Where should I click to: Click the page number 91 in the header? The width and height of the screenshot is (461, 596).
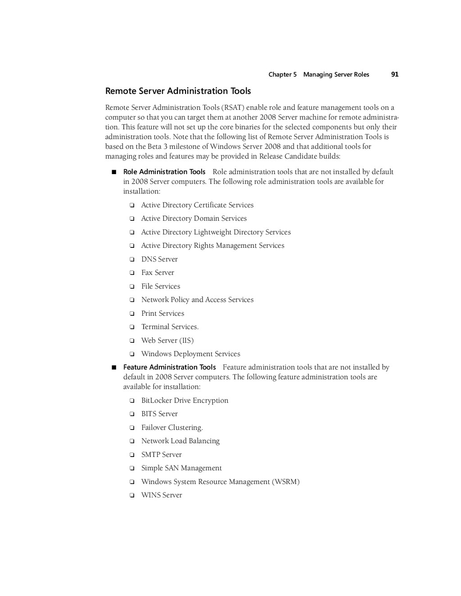point(394,74)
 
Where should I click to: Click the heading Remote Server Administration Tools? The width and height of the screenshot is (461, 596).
point(178,91)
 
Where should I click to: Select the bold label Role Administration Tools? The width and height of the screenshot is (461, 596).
point(164,172)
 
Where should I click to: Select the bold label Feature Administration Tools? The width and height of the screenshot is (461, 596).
point(169,367)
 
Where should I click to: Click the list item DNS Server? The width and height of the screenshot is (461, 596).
point(159,259)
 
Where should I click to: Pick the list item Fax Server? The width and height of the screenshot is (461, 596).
point(158,273)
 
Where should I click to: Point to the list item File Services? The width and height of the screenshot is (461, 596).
point(160,286)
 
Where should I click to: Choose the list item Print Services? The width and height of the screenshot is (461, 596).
point(163,314)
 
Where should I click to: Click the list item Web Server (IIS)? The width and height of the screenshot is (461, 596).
point(167,341)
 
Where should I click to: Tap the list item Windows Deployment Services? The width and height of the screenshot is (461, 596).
point(190,354)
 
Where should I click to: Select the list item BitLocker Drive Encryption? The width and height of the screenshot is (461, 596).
point(185,400)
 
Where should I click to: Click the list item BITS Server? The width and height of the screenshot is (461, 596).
point(159,414)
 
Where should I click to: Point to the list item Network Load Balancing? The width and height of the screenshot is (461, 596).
point(180,441)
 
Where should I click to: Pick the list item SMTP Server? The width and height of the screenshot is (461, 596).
point(161,455)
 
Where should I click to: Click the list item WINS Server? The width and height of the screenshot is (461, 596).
point(162,495)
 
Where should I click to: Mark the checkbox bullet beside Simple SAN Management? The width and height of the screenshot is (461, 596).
point(132,469)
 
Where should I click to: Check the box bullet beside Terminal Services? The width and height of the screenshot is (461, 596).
point(132,327)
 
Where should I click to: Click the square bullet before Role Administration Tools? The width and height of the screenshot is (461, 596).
point(114,172)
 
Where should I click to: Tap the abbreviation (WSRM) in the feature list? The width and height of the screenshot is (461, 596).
point(285,482)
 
